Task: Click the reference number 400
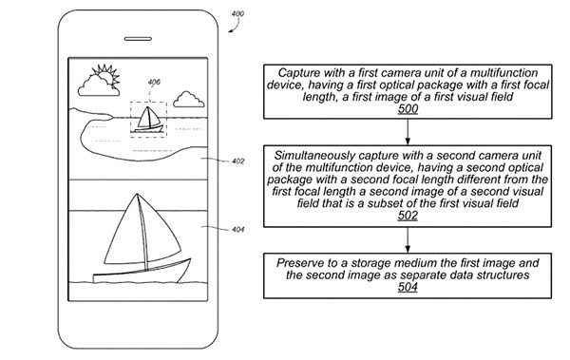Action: (x=237, y=14)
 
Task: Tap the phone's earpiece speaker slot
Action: (x=138, y=39)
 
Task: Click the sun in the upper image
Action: (x=105, y=75)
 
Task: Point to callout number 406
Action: (x=154, y=83)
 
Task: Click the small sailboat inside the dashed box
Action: (x=149, y=120)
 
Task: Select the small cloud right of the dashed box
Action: (x=189, y=100)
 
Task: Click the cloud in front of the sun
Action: (x=98, y=86)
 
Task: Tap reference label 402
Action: (x=238, y=161)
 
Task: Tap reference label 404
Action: (x=238, y=230)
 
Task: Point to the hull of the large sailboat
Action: (x=142, y=272)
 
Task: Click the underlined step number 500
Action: (x=408, y=108)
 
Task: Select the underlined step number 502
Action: (x=408, y=216)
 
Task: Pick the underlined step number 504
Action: (x=408, y=287)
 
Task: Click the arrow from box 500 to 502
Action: (x=408, y=132)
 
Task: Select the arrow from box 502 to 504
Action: (x=408, y=240)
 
